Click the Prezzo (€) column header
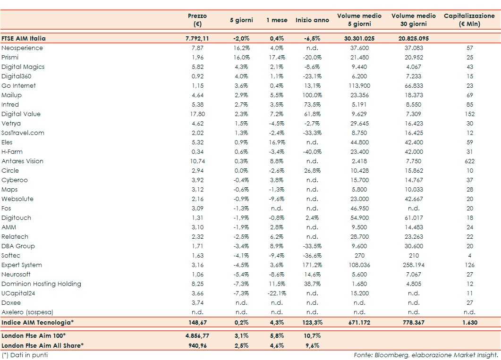197,20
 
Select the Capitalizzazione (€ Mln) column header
469,20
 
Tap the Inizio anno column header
312,20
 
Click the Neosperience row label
22,48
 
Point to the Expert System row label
22,265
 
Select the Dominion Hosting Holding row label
41,284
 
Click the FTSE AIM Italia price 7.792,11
197,39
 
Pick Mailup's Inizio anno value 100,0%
312,95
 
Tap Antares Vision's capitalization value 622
469,161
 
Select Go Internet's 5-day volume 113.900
359,86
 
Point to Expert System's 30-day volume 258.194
413,265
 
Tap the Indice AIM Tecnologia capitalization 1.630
469,322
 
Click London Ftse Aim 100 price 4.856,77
197,336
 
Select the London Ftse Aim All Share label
42,345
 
